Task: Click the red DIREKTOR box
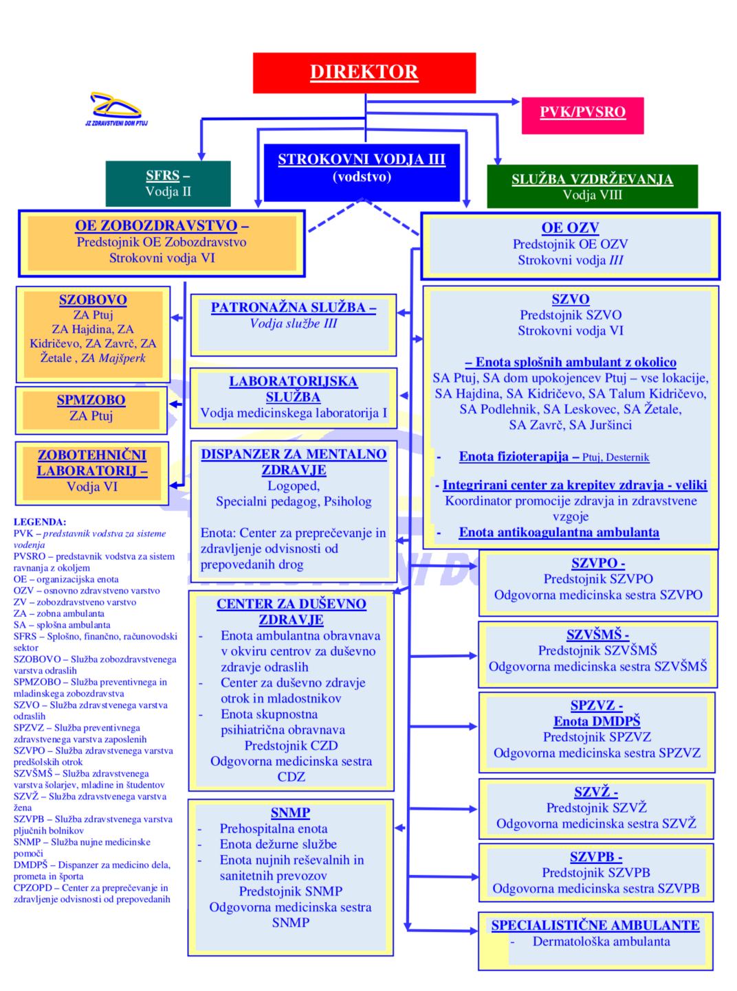click(x=364, y=72)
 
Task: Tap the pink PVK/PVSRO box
click(x=582, y=113)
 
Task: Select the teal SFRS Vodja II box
click(x=168, y=183)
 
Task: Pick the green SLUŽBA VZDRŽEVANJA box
click(x=592, y=186)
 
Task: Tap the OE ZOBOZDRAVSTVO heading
click(x=156, y=225)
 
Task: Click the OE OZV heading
click(x=570, y=228)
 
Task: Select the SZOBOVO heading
click(x=93, y=300)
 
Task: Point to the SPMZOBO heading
click(x=91, y=400)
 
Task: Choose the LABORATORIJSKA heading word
click(x=293, y=381)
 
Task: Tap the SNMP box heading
click(x=290, y=813)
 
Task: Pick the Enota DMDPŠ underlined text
click(x=597, y=721)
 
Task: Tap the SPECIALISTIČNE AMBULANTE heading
click(x=595, y=926)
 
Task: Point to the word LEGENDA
click(x=40, y=522)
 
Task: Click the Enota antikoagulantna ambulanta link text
click(x=559, y=533)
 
